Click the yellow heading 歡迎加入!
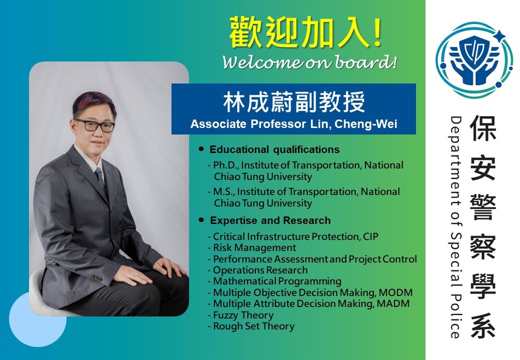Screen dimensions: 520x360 tap(305, 33)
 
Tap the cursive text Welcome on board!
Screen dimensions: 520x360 tap(309, 62)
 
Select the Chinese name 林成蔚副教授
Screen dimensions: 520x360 tap(294, 102)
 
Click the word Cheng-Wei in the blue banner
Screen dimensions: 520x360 tap(366, 124)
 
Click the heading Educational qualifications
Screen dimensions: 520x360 tap(275, 149)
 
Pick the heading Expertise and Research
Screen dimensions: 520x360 tap(270, 220)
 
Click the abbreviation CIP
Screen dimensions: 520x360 tap(370, 237)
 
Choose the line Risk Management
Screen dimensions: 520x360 tap(254, 248)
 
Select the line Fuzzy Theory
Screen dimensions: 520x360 tap(243, 315)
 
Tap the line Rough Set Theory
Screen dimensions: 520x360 tap(254, 326)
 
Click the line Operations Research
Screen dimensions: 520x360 tap(261, 270)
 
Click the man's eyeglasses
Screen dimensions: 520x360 tap(95, 125)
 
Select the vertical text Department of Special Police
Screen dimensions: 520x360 tap(456, 227)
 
